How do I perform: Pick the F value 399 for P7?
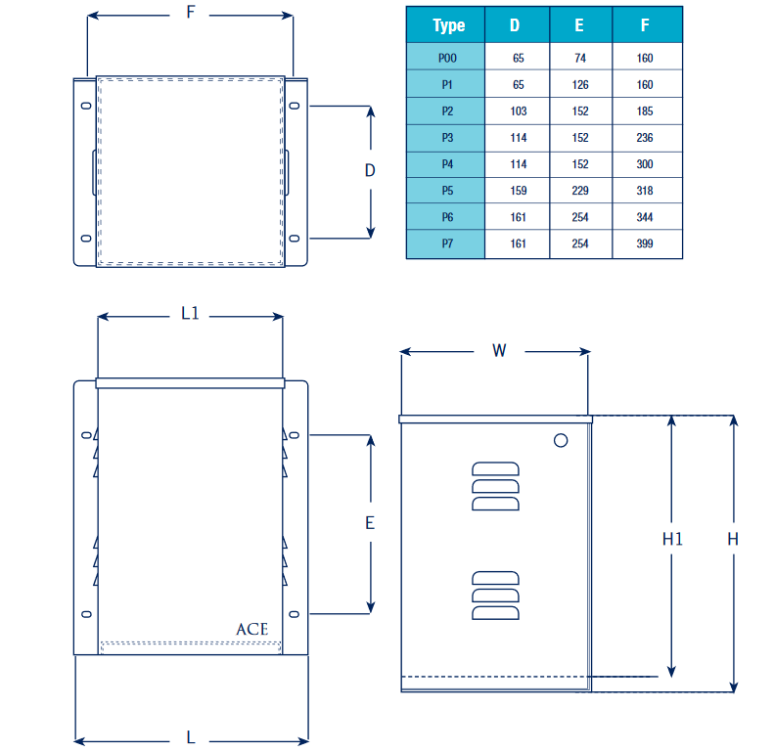pos(645,243)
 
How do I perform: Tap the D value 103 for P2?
pos(518,111)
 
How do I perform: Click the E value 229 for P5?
pos(580,191)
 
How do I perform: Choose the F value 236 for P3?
pos(645,138)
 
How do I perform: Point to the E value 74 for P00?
pos(580,59)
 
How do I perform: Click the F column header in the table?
pos(646,25)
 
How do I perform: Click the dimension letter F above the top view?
pos(190,13)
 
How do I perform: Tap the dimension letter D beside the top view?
pos(370,171)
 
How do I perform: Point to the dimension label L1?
pos(190,315)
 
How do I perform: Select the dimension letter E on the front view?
pos(370,523)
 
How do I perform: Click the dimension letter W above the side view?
pos(499,350)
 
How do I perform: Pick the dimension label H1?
pos(671,539)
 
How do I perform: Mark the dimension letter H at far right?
pos(733,539)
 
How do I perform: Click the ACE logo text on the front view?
pos(251,630)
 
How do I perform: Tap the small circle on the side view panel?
pos(561,441)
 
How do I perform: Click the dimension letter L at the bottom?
pos(191,737)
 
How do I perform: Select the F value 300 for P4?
pos(645,164)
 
